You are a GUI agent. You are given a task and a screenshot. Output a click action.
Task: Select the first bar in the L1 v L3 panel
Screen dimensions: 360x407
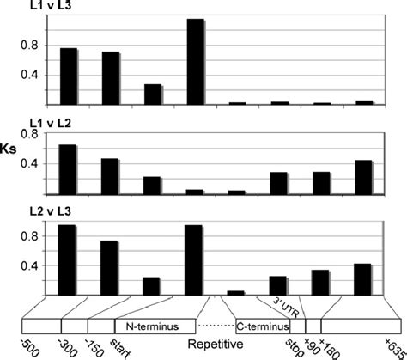(x=69, y=76)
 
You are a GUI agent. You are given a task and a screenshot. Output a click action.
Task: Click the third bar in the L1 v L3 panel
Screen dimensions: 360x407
(x=154, y=95)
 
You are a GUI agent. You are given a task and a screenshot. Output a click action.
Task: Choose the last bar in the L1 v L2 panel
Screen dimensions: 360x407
(x=364, y=178)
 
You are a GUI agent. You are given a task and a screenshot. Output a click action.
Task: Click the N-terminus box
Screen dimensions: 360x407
(x=152, y=327)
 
